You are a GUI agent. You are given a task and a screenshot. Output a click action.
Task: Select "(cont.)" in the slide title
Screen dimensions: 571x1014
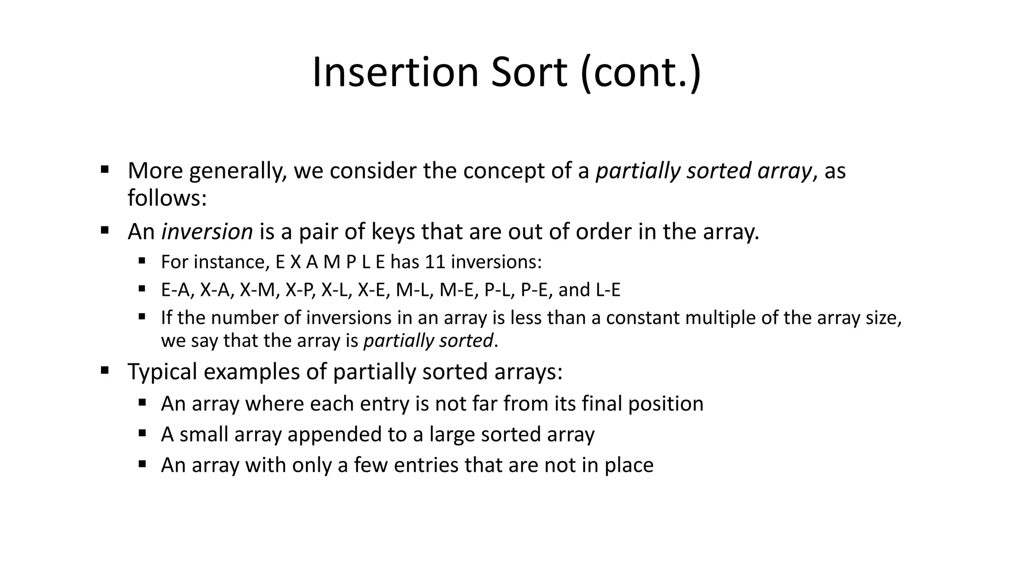click(641, 73)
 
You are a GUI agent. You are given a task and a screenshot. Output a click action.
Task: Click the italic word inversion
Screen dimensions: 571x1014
click(207, 231)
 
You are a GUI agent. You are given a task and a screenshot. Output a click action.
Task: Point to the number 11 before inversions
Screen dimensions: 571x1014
click(435, 262)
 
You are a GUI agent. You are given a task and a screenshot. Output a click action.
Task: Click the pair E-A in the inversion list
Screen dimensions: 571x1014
click(175, 290)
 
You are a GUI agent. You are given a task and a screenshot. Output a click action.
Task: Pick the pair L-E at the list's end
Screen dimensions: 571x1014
click(608, 290)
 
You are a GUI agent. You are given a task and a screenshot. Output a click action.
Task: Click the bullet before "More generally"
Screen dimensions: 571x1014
click(104, 170)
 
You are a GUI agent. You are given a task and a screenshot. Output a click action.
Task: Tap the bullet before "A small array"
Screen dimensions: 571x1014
click(142, 434)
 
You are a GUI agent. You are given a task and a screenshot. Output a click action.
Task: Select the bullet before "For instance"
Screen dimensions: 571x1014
click(142, 261)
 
